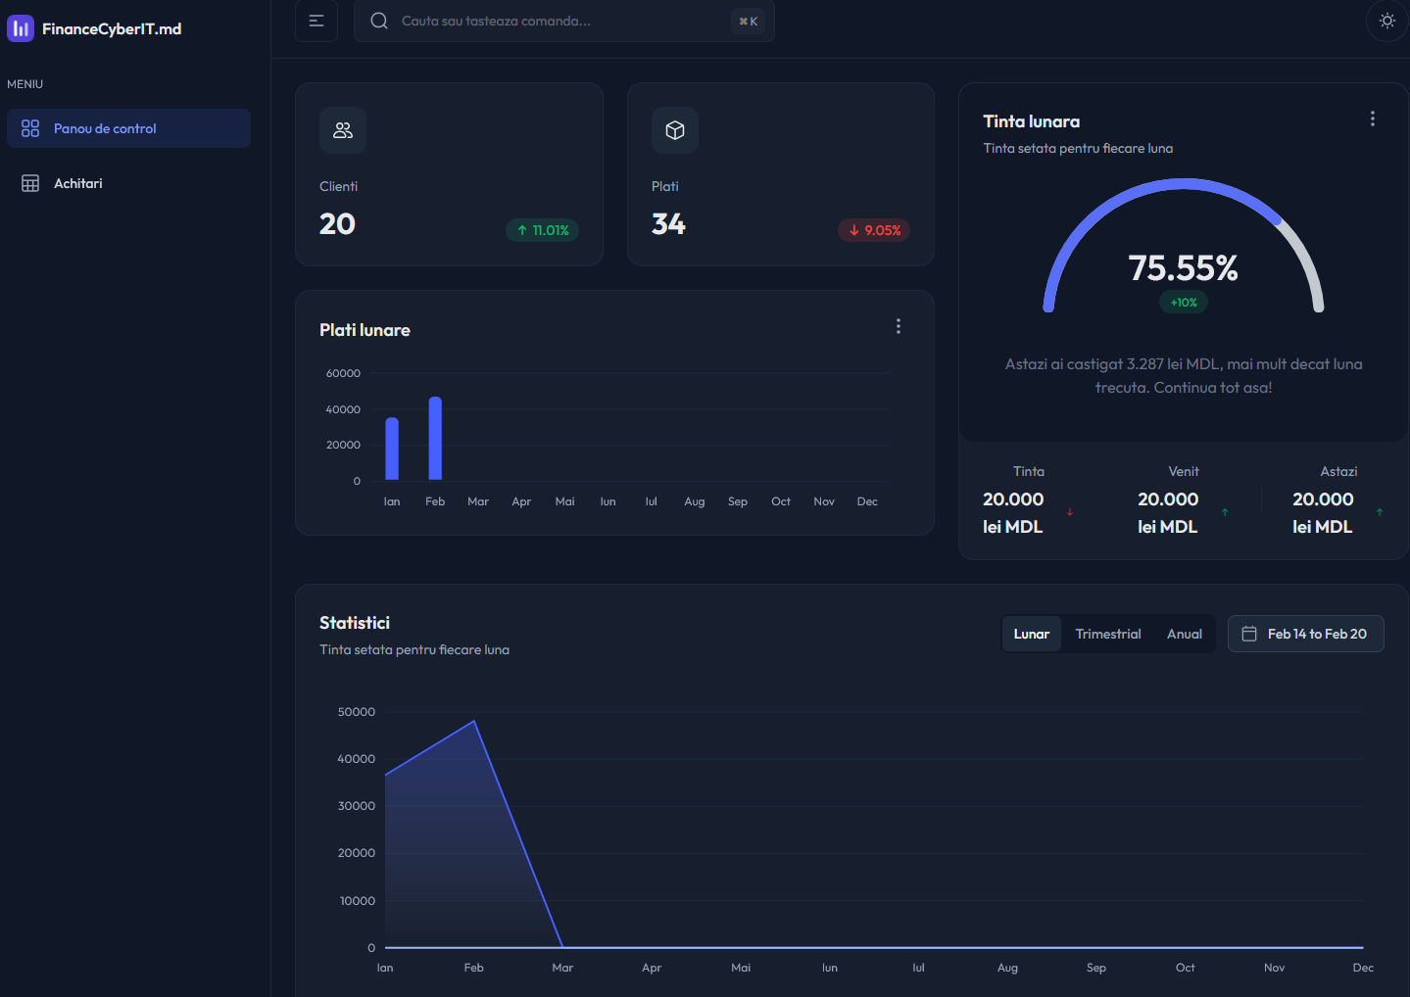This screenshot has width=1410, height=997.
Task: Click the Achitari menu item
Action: point(77,183)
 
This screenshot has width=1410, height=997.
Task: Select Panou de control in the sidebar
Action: point(105,128)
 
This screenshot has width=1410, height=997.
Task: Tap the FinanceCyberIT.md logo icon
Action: point(21,28)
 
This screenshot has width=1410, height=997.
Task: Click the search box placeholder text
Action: point(496,21)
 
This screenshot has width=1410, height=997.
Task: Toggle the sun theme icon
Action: point(1386,21)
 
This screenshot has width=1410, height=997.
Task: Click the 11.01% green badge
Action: point(543,230)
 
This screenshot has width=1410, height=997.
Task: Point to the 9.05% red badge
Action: point(874,230)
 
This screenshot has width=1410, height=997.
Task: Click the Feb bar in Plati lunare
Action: point(435,438)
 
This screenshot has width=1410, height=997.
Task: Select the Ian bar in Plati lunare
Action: point(392,449)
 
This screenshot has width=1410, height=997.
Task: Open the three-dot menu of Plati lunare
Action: point(898,326)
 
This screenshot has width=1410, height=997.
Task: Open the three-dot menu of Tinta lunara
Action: point(1372,119)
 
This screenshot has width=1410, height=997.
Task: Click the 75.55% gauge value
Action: point(1183,267)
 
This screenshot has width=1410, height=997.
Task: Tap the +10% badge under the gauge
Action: point(1184,303)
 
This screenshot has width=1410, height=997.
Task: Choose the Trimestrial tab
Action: point(1107,634)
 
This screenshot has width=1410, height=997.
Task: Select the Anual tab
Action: point(1184,634)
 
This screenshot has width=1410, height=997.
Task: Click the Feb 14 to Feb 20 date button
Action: point(1305,634)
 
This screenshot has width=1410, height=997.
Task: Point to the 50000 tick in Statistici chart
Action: point(357,712)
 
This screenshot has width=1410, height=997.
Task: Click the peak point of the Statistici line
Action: point(474,721)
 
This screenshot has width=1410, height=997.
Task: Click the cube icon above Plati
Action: point(675,130)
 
